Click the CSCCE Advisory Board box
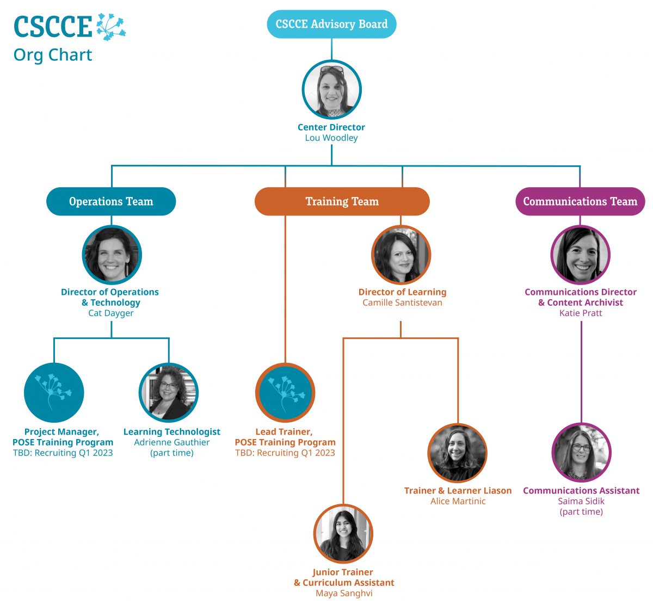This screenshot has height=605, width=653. point(331,24)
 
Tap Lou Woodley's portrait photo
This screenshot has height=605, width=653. point(331,90)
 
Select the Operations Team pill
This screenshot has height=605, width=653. point(111,201)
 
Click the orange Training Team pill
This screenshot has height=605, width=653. point(342,201)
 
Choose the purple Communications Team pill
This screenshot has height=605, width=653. point(580,201)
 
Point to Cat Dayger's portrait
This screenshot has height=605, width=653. point(112,255)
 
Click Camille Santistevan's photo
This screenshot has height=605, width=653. point(401,255)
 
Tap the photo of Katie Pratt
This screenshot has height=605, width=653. point(580,255)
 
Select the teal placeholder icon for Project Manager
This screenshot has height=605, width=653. point(54,393)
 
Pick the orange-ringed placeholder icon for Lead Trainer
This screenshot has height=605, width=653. point(285,393)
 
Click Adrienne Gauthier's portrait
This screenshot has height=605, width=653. point(169,393)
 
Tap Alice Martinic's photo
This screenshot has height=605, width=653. point(458,453)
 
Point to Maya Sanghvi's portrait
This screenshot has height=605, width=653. point(343,534)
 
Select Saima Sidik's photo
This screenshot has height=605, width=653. point(581,453)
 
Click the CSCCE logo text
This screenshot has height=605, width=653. point(53,27)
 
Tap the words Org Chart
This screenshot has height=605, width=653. point(53,55)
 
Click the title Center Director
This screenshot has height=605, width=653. point(331,127)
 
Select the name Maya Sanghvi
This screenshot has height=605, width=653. point(344,593)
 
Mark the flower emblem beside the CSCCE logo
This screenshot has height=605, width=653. point(111,27)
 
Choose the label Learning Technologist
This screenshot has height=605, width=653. point(172,432)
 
